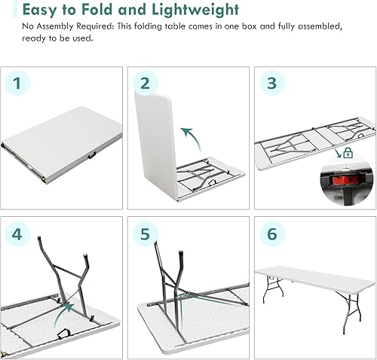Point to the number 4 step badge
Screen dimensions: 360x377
[x=19, y=234]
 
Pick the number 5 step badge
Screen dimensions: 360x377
[x=146, y=234]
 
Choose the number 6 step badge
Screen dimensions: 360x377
[x=271, y=234]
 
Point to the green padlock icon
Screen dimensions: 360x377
[x=348, y=153]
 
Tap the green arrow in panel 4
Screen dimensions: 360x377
[x=67, y=306]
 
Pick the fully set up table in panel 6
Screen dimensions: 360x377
[x=315, y=281]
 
